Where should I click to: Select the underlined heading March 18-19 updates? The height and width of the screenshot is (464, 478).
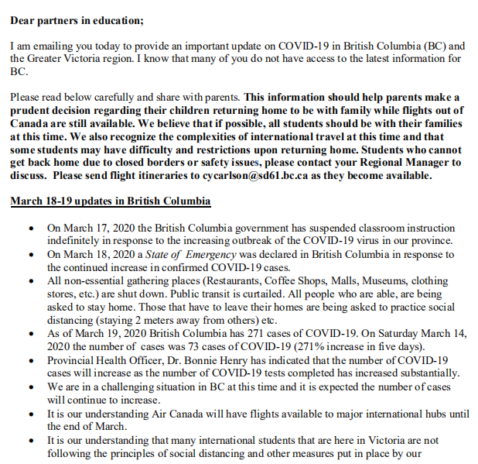click(110, 201)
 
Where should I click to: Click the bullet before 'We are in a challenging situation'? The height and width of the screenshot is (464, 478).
click(30, 386)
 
